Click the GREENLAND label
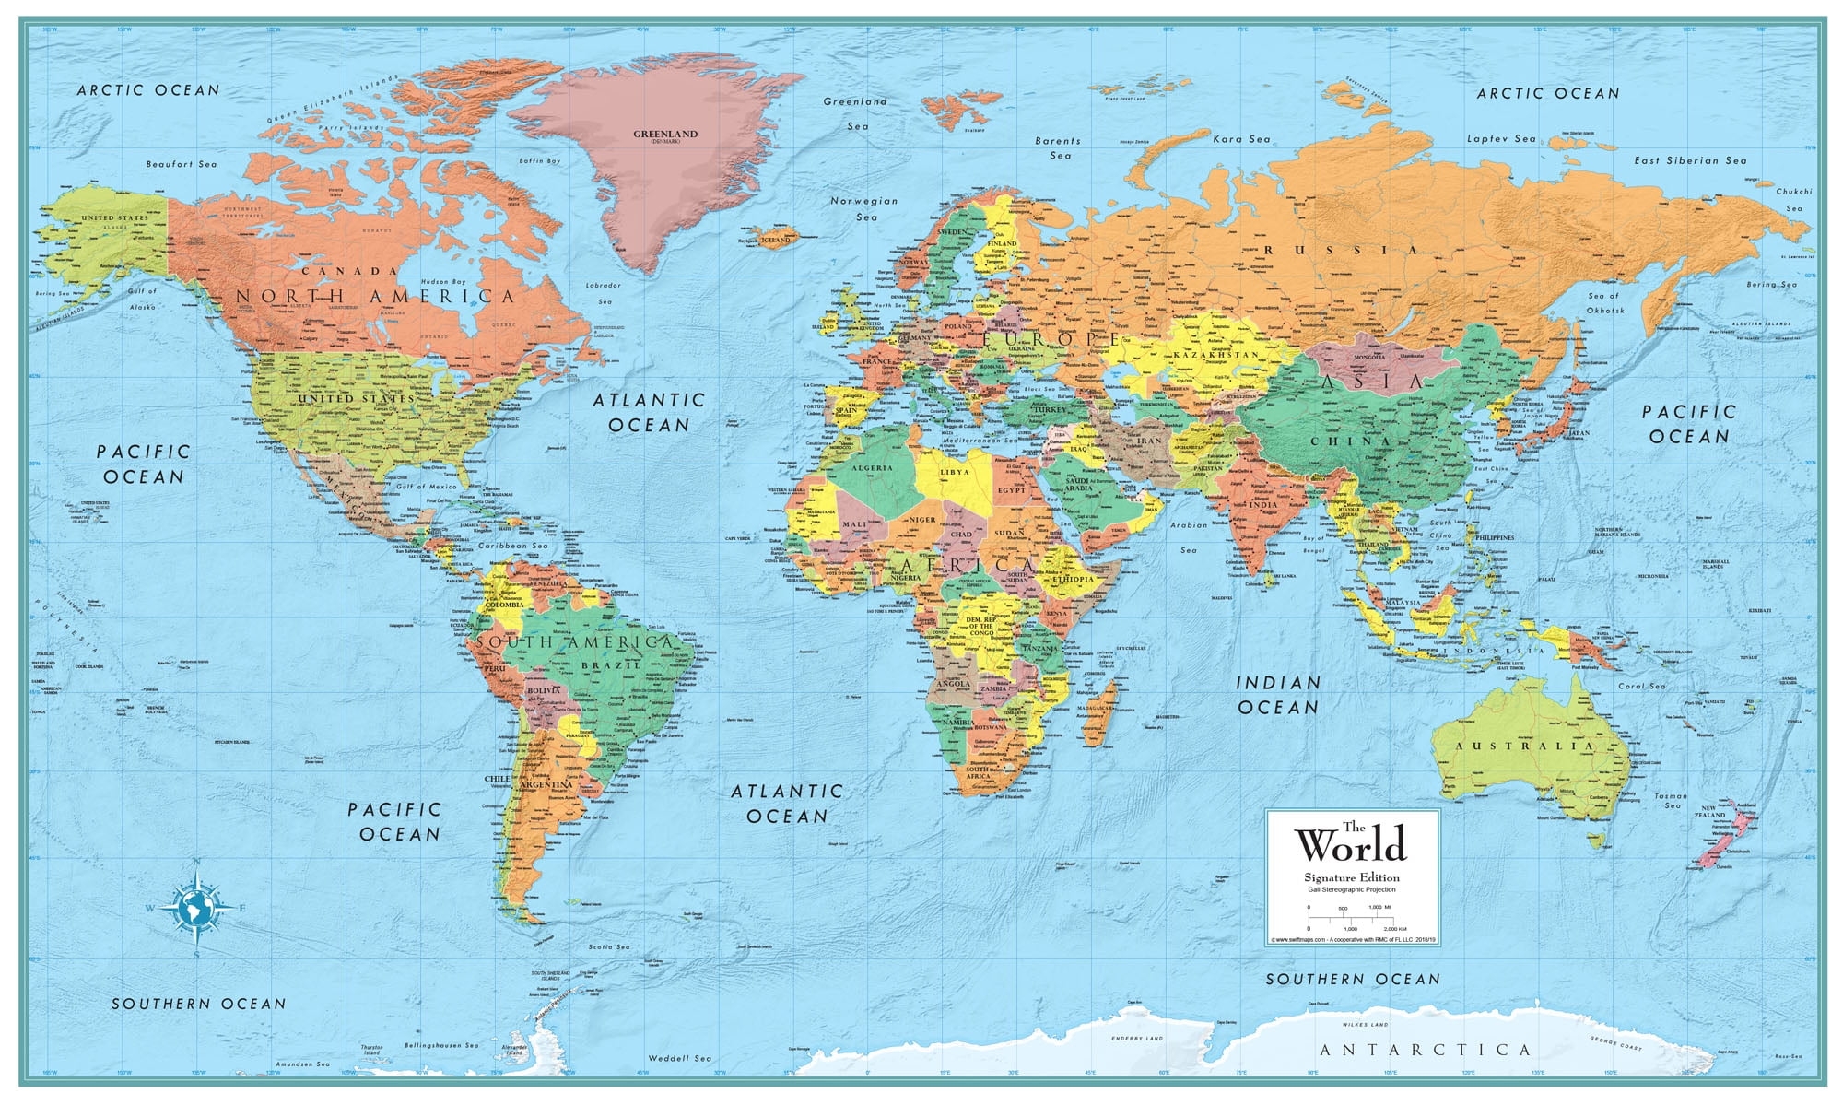pyautogui.click(x=664, y=135)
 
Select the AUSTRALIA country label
pyautogui.click(x=1524, y=746)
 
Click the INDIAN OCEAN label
pyautogui.click(x=1277, y=695)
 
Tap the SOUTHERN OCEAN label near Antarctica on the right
pyautogui.click(x=1352, y=979)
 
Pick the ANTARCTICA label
pyautogui.click(x=1425, y=1050)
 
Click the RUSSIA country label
pyautogui.click(x=1341, y=251)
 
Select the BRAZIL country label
pyautogui.click(x=623, y=664)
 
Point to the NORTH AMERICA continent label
pyautogui.click(x=375, y=297)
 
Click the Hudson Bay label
pyautogui.click(x=442, y=281)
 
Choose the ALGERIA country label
pyautogui.click(x=872, y=468)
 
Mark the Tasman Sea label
pyautogui.click(x=1671, y=800)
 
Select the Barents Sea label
pyautogui.click(x=1058, y=148)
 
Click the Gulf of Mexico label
pyautogui.click(x=425, y=487)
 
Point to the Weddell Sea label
pyautogui.click(x=680, y=1059)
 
